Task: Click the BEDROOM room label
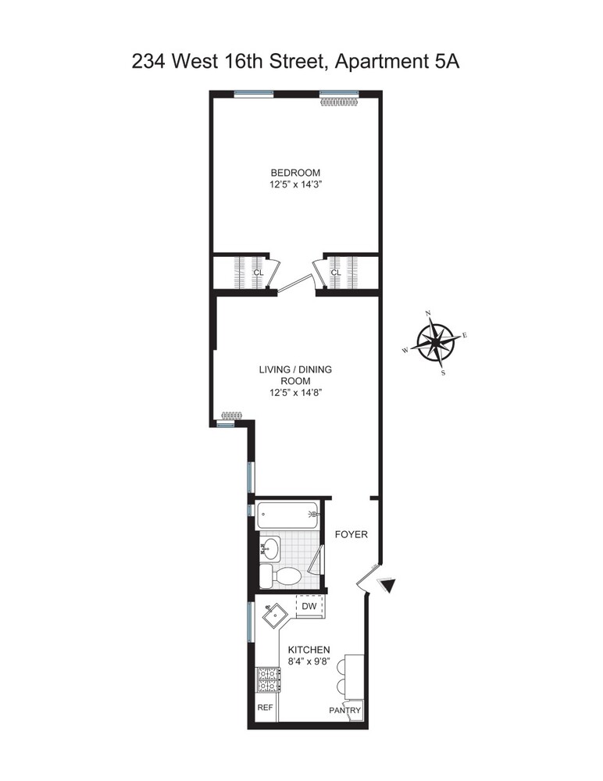tap(295, 173)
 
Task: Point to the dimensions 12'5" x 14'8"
tap(292, 394)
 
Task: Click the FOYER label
tap(351, 534)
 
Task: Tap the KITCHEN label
tap(309, 650)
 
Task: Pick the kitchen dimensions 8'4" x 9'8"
tap(309, 662)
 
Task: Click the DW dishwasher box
tap(309, 605)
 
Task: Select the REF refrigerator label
tap(265, 708)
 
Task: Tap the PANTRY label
tap(344, 710)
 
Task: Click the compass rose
tap(436, 342)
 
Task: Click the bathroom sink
tap(270, 547)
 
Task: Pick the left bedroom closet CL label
tap(256, 273)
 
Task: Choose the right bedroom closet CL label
tap(336, 273)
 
